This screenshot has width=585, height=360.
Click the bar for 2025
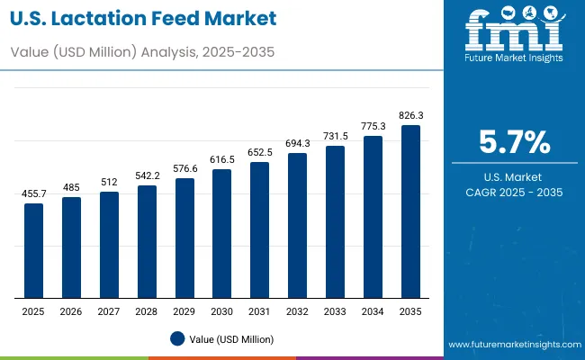click(33, 250)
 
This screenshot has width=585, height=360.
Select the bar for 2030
click(221, 233)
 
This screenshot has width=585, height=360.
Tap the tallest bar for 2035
click(410, 211)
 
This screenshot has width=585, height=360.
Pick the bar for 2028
click(147, 241)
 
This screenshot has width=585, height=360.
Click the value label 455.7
click(33, 194)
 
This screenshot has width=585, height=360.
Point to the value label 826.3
click(410, 116)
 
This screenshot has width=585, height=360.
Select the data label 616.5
click(221, 159)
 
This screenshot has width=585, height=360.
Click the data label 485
click(71, 187)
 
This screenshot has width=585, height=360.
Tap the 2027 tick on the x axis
click(109, 310)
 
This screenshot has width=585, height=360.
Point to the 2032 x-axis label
click(297, 310)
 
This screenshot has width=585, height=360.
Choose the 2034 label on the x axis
click(373, 310)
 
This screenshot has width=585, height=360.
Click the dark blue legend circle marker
click(176, 338)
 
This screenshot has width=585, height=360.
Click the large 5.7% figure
click(514, 143)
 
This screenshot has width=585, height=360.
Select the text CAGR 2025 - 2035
click(514, 193)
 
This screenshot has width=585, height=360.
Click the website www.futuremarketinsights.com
click(512, 345)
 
